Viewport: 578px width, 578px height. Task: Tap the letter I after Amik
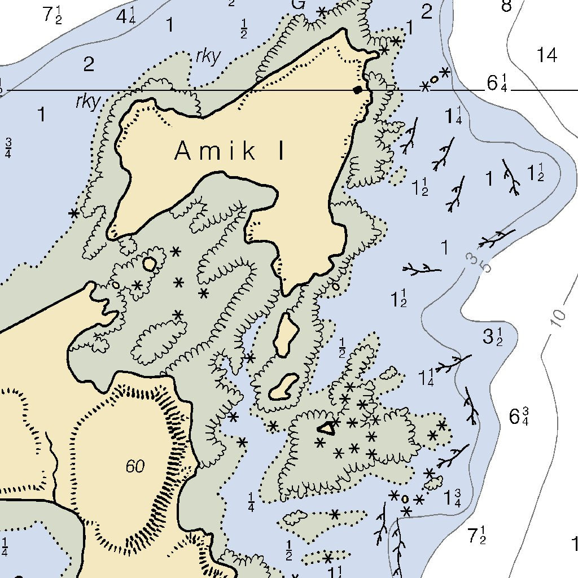click(x=281, y=151)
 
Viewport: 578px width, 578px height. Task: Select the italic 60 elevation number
click(x=135, y=467)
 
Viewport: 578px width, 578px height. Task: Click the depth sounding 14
click(x=546, y=55)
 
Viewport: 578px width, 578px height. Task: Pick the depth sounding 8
click(x=506, y=6)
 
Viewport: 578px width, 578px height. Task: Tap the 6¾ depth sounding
click(x=519, y=417)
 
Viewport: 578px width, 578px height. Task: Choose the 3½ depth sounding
click(x=492, y=337)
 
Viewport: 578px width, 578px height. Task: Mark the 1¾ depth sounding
click(x=452, y=498)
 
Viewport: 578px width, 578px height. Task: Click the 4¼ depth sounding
click(x=125, y=16)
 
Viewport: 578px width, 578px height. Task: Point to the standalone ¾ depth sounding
click(x=8, y=148)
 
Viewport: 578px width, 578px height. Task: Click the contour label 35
click(x=479, y=262)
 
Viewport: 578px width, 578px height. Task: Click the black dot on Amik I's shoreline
click(x=357, y=90)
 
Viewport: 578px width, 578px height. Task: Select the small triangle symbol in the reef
click(x=326, y=428)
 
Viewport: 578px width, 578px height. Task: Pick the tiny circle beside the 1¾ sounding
click(x=405, y=499)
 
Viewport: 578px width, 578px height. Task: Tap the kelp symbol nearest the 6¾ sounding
click(x=470, y=405)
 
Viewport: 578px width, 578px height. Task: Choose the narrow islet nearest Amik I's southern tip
click(x=286, y=335)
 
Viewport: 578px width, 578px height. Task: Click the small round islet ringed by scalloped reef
click(x=149, y=263)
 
